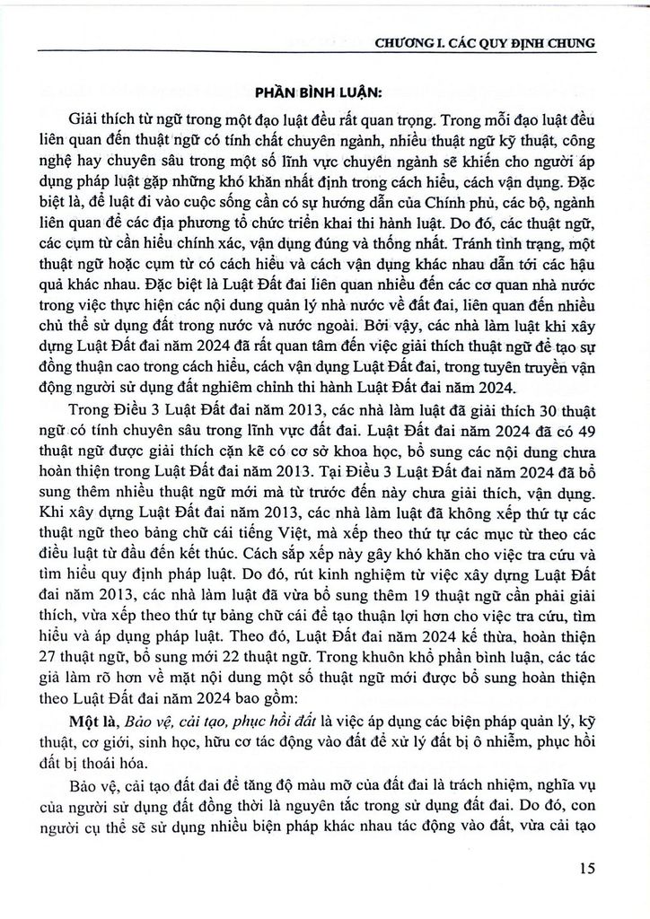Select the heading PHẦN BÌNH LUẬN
(x=326, y=91)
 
